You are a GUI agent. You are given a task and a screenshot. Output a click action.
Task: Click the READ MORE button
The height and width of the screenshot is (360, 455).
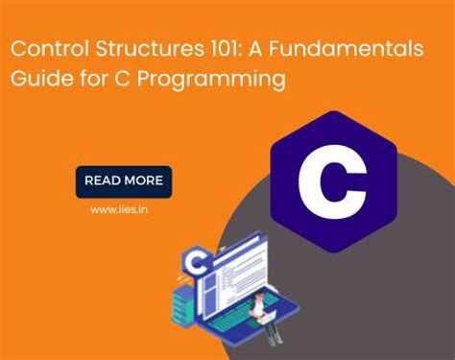point(124,180)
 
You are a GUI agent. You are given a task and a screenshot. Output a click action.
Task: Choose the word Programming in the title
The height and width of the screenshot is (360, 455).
point(222,79)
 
